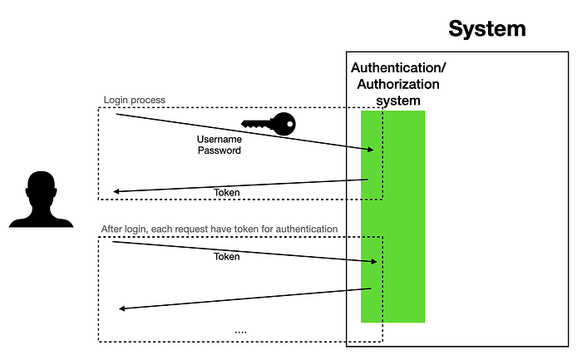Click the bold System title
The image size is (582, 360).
[x=487, y=28]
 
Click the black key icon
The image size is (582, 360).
[x=269, y=125]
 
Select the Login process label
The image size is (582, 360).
[x=134, y=100]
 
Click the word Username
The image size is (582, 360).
[x=219, y=139]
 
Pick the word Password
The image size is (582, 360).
[x=219, y=150]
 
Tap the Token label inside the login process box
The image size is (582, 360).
[x=226, y=193]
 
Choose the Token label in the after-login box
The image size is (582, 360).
[x=226, y=257]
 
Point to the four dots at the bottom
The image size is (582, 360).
[x=240, y=331]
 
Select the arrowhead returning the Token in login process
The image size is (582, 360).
[x=116, y=192]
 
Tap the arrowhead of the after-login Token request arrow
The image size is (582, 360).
[x=376, y=262]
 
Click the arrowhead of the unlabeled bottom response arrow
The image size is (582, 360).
[x=122, y=308]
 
